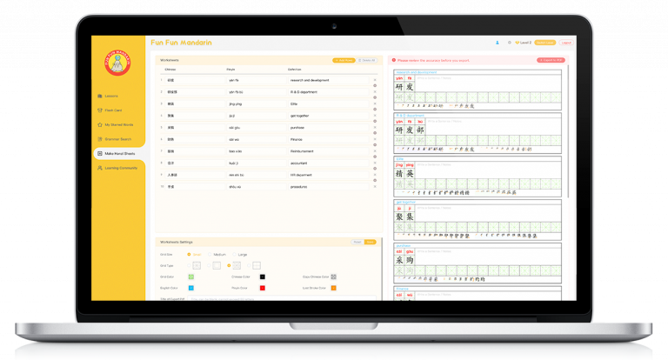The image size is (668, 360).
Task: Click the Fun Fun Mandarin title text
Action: point(181,43)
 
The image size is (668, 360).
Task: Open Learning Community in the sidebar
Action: point(120,168)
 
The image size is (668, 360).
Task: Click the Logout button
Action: point(566,43)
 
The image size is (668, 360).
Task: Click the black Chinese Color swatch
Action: point(262,277)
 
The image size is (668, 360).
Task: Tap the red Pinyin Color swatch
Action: point(262,287)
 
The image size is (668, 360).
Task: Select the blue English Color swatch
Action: point(190,287)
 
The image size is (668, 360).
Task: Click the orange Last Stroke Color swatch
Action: point(334,287)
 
